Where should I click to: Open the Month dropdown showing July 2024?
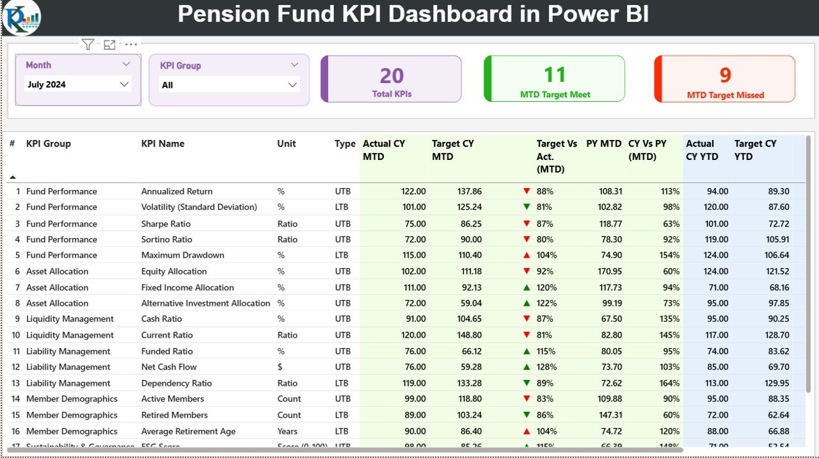(x=124, y=84)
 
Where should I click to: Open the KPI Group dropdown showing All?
(x=292, y=85)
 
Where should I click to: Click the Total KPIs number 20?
(x=392, y=76)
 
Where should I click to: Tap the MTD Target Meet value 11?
(x=555, y=75)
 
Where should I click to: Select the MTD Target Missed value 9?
(x=725, y=75)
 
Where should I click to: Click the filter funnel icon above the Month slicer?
(x=88, y=44)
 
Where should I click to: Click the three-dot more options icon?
(x=131, y=44)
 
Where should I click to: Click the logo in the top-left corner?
(x=21, y=17)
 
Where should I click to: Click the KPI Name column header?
(x=163, y=144)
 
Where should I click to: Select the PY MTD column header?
(x=603, y=144)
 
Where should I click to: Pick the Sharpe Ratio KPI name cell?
(x=166, y=224)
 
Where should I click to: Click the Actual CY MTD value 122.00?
(x=413, y=191)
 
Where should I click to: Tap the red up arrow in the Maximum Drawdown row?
(x=527, y=255)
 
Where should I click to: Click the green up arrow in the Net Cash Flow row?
(x=527, y=367)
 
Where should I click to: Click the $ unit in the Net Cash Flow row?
(x=280, y=367)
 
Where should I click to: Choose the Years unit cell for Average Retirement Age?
(x=287, y=431)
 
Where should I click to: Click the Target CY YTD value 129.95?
(x=776, y=383)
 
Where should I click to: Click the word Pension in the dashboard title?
(x=220, y=14)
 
